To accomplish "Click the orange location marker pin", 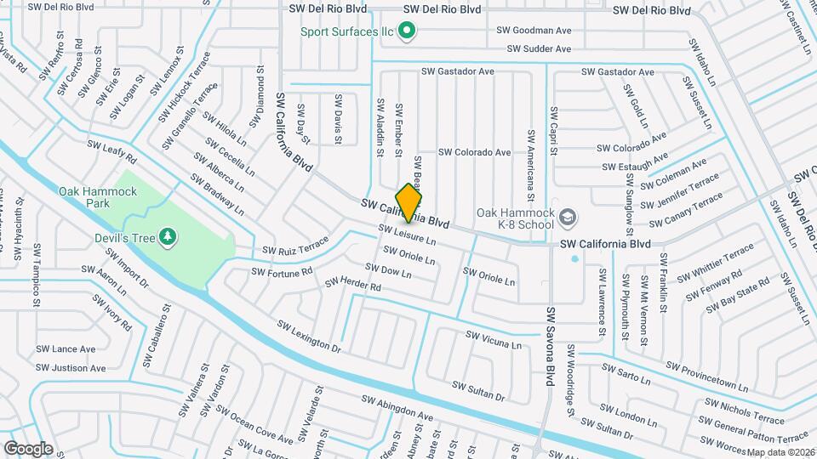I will coord(409,201).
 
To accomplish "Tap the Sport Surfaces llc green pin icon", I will coord(407,32).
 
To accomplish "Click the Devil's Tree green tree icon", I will coord(169,235).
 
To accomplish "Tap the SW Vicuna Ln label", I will coord(493,341).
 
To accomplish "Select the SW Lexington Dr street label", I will coord(309,337).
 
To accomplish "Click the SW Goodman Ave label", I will coord(534,31).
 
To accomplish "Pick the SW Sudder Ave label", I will coord(539,49).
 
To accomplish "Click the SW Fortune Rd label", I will coord(282,272).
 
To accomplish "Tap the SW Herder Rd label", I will coord(352,284).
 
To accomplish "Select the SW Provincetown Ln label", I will coord(706,377).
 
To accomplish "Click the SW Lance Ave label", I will coord(66,349).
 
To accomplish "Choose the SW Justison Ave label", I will coord(71,368).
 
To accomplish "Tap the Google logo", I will coord(28,448).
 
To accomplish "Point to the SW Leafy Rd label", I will coord(111,153).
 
